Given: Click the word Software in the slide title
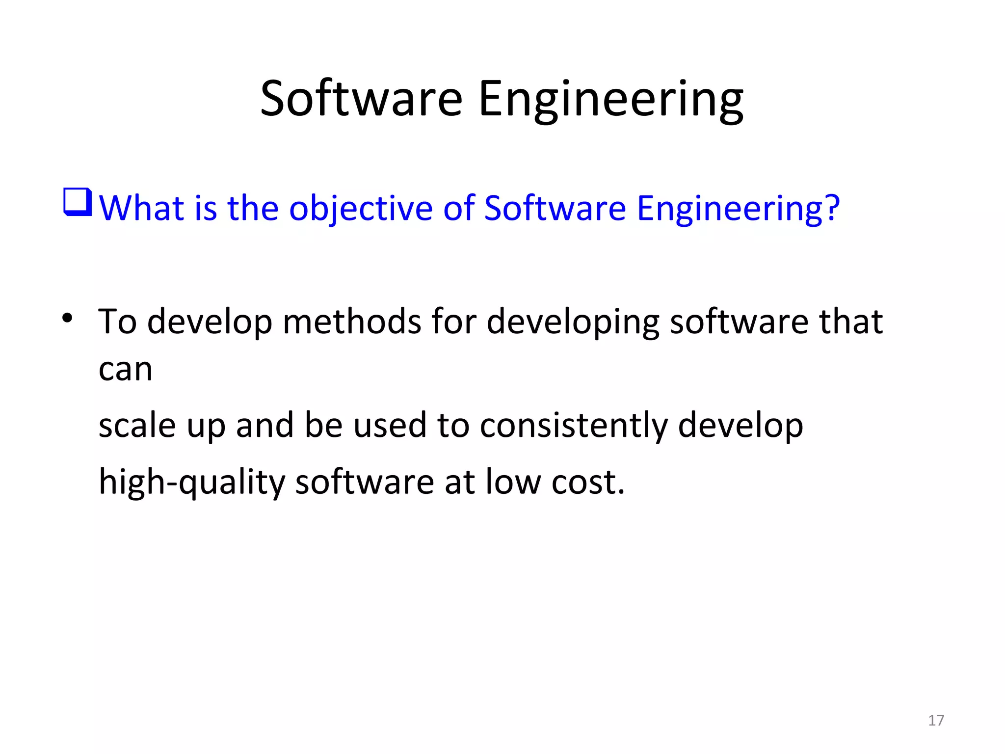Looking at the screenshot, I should pos(361,99).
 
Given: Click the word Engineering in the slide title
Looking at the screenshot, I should pos(610,101).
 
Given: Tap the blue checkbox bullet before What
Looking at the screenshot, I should pos(78,202).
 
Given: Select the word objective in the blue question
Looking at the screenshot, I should pos(361,209).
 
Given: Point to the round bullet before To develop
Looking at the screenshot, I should pos(67,319).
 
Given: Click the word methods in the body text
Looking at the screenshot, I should pos(352,322).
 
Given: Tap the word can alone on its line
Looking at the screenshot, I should pos(126,369).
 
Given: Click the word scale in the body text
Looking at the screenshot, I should pos(137,425).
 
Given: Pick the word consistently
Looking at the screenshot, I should pos(573,426).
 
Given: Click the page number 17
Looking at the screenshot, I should pos(936,720).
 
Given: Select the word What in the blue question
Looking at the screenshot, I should pos(141,208).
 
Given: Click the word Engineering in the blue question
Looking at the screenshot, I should pos(729,209).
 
